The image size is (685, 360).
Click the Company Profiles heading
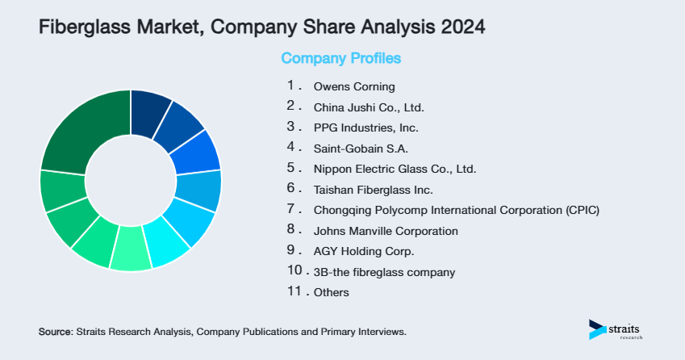tap(340, 59)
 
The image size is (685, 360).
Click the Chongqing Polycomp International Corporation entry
tap(456, 211)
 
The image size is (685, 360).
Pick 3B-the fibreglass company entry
tap(384, 272)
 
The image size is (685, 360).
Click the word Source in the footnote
tap(55, 332)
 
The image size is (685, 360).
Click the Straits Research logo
tap(618, 330)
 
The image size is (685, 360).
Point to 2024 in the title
tap(463, 28)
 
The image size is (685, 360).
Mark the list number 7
tap(292, 209)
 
